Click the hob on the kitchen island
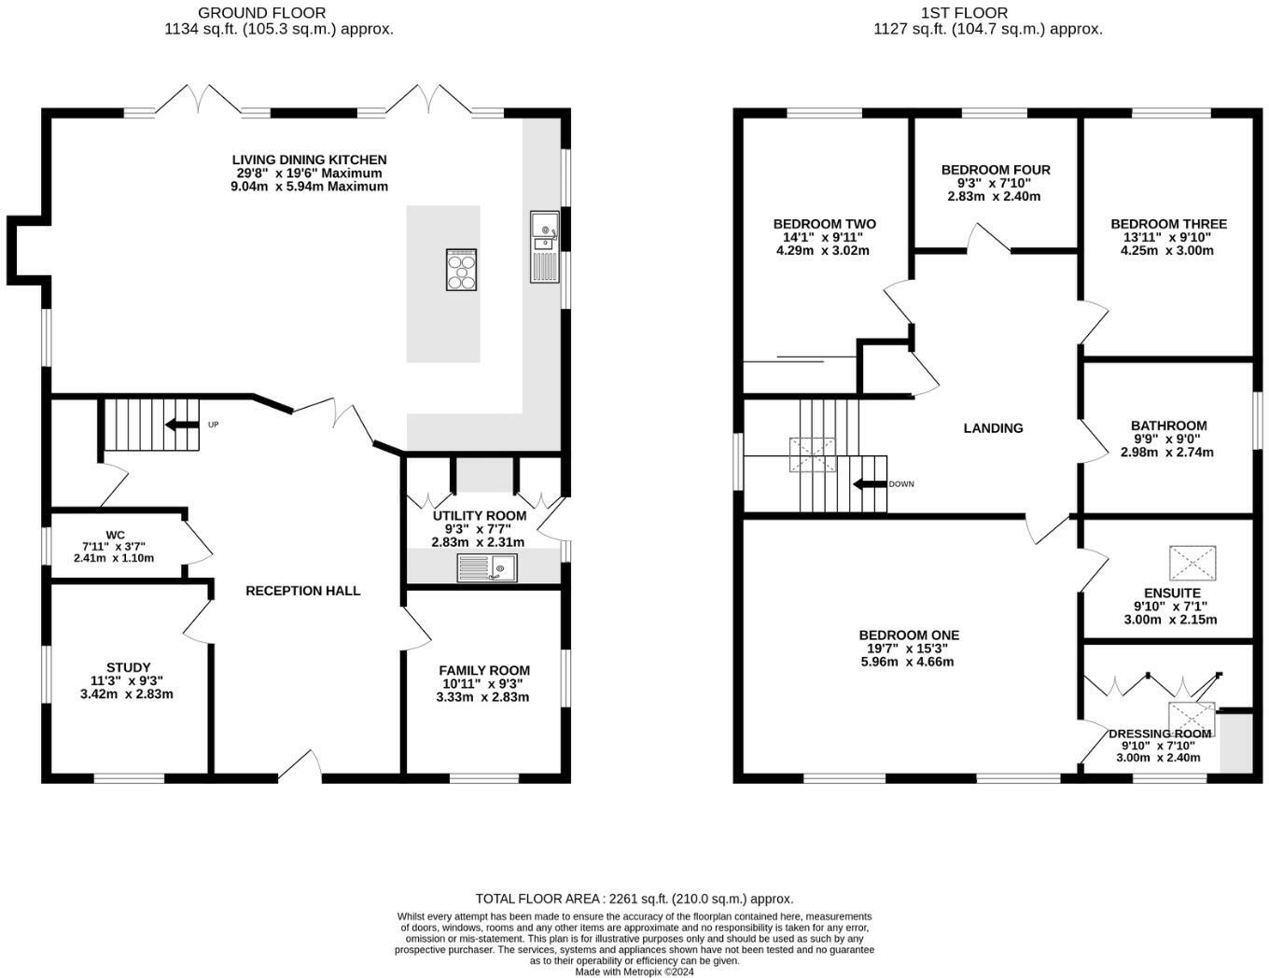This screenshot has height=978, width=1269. [462, 271]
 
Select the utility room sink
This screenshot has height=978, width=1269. [486, 567]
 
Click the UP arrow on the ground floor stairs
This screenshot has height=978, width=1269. [182, 425]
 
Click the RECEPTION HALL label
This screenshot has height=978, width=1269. [302, 591]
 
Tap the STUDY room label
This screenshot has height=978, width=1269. [128, 667]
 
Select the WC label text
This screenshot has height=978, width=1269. [115, 535]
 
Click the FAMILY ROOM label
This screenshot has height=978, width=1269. [483, 670]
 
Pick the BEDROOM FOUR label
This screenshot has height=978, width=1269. [995, 170]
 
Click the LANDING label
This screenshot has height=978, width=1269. [993, 428]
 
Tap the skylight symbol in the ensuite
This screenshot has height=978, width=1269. [1192, 563]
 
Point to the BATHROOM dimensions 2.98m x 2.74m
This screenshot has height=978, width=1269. [1167, 453]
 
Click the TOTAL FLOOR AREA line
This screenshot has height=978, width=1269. [634, 899]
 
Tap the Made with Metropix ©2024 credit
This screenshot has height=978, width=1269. [634, 971]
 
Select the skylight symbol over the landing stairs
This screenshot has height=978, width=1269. [813, 455]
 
